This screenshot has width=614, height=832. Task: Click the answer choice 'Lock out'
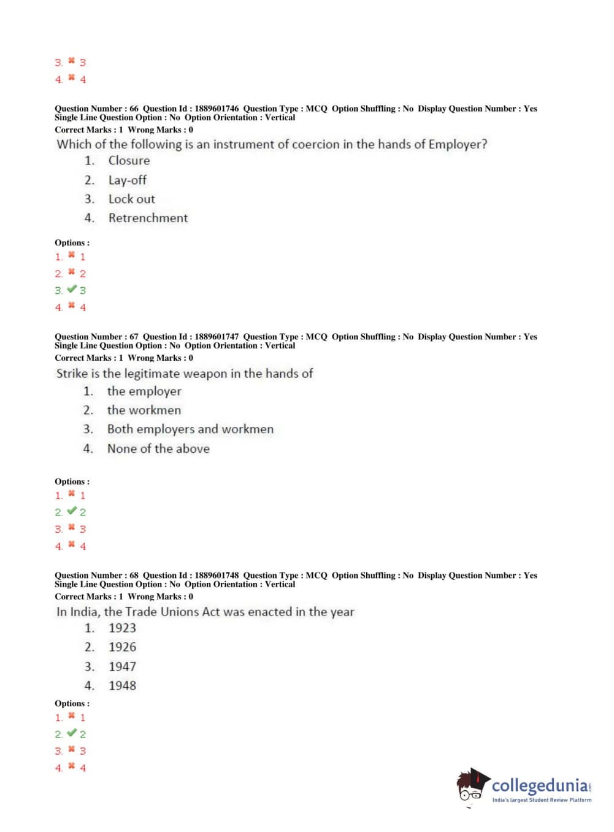(x=131, y=199)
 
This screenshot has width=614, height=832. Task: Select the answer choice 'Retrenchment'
(x=148, y=218)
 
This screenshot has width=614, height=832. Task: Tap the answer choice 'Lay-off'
(x=128, y=180)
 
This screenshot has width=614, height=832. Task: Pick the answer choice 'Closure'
(x=129, y=161)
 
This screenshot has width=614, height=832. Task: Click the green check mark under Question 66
(x=72, y=290)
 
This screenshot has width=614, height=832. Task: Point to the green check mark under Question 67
(x=72, y=511)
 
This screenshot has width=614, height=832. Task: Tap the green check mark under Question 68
(x=72, y=733)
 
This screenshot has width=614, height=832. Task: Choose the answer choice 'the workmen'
(x=144, y=410)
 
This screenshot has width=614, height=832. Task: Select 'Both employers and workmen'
(x=190, y=429)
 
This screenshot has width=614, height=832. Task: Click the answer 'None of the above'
(x=158, y=449)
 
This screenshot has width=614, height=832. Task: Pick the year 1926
(x=122, y=647)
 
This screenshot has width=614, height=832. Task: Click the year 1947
(x=122, y=667)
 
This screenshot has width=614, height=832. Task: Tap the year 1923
(x=122, y=628)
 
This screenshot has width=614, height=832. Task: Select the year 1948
(x=122, y=686)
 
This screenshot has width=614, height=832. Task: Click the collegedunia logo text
(x=540, y=786)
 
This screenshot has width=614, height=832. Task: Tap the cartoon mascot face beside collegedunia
(x=471, y=785)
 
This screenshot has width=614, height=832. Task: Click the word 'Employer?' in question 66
(x=458, y=145)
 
